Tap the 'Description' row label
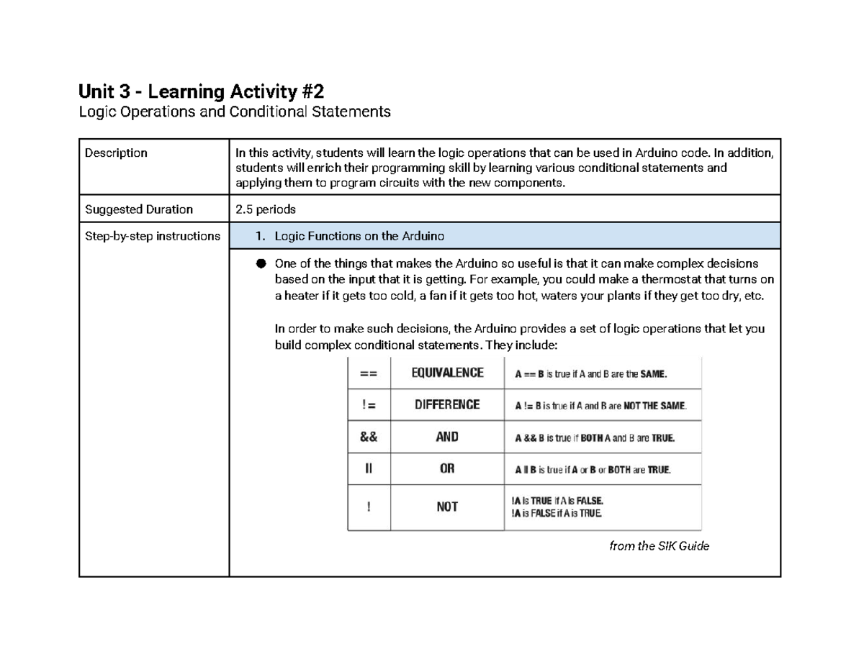pyautogui.click(x=116, y=153)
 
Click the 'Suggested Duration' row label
pyautogui.click(x=138, y=209)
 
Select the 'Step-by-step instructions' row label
pyautogui.click(x=152, y=236)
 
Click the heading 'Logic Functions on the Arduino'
pyautogui.click(x=359, y=236)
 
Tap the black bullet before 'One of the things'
pyautogui.click(x=260, y=264)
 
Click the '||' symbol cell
pyautogui.click(x=369, y=468)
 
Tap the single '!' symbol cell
pyautogui.click(x=369, y=507)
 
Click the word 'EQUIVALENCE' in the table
pyautogui.click(x=447, y=373)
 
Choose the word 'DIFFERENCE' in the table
pyautogui.click(x=447, y=404)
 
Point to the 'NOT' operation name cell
pyautogui.click(x=447, y=507)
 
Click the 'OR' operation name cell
pyautogui.click(x=447, y=468)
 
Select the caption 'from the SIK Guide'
pyautogui.click(x=659, y=546)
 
